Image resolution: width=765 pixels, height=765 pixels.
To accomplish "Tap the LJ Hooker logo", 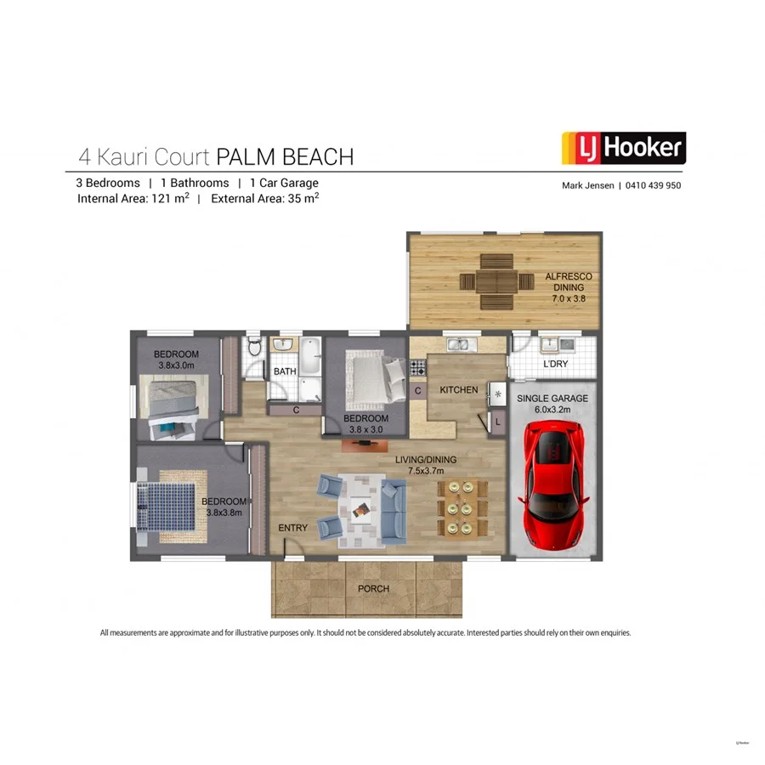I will (624, 148).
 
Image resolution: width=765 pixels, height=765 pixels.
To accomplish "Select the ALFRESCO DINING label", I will (568, 287).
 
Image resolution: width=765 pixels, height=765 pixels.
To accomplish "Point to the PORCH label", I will (373, 588).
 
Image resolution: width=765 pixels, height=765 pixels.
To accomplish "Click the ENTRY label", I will (293, 528).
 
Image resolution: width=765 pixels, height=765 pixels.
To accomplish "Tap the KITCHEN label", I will (460, 389).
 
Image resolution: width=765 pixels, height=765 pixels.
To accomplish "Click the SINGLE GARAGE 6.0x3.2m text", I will (554, 403).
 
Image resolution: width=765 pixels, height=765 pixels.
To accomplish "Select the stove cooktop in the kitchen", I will (418, 367).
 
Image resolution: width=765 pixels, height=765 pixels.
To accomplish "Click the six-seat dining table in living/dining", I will (462, 507).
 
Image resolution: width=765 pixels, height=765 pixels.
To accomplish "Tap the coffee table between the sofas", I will (361, 508).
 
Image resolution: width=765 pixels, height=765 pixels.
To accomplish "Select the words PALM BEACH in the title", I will (285, 156).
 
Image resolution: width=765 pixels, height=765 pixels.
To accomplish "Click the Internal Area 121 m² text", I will (133, 199).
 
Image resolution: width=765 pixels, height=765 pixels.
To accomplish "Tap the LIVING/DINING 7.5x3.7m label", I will (426, 465).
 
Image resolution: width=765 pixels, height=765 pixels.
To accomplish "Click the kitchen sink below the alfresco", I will (458, 344).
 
